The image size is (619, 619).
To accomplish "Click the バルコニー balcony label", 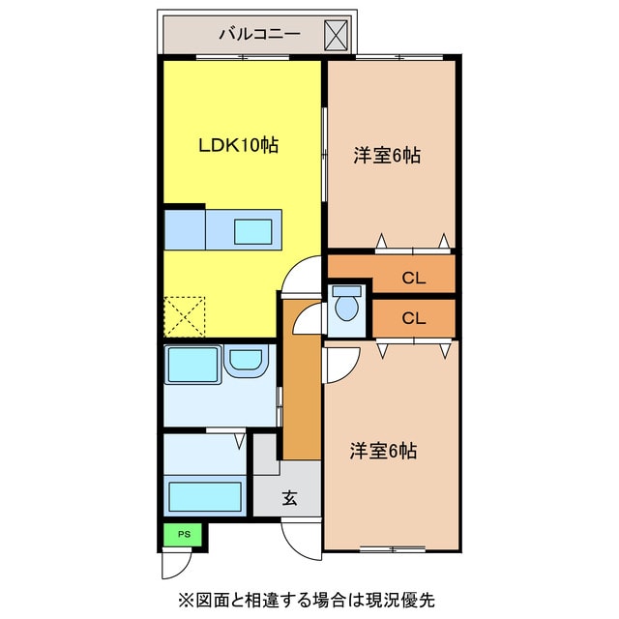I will point(258,35).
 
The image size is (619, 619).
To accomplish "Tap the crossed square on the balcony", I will point(337,35).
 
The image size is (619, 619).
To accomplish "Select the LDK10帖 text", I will point(239,145).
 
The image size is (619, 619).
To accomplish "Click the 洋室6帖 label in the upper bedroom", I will point(386,155).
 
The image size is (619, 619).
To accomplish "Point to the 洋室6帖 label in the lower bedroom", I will point(384,451).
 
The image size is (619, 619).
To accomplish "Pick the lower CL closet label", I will point(413,317).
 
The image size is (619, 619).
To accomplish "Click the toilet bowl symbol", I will point(346,307).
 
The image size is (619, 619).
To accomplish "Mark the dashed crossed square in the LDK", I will point(186,315).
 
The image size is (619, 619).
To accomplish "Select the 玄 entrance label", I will point(289,499).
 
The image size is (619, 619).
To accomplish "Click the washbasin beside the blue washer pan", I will point(246,364).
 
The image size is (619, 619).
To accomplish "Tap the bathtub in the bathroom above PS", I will point(205,495).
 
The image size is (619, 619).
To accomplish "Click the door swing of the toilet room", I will point(309,318).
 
